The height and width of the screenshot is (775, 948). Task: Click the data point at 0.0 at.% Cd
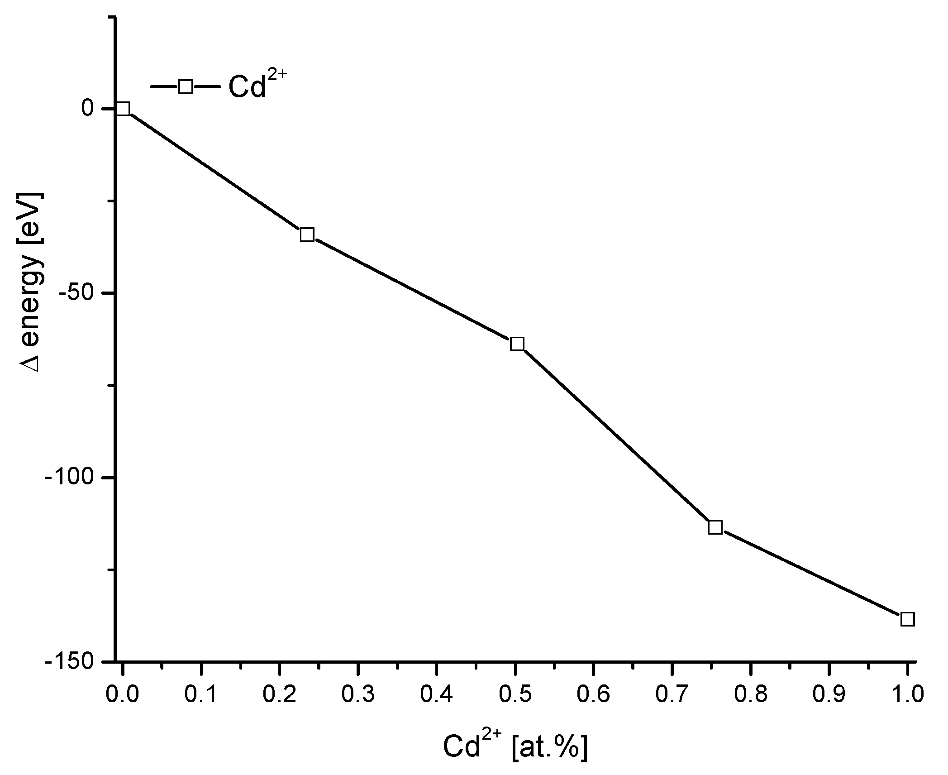click(x=123, y=109)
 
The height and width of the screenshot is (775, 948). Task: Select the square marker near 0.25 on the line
click(x=307, y=234)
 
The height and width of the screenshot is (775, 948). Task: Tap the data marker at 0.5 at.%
click(x=517, y=344)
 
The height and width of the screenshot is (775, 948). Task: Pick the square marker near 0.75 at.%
click(x=715, y=527)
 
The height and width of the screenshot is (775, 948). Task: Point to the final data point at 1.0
click(x=907, y=619)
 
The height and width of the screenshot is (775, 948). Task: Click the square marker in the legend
click(x=186, y=86)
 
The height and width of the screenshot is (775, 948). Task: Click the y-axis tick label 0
click(x=87, y=109)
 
